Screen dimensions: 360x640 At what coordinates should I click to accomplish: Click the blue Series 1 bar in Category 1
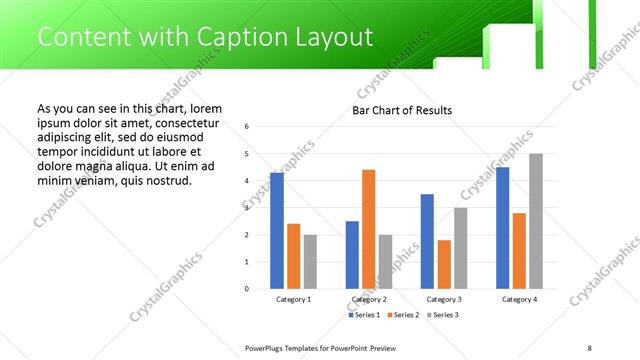277,231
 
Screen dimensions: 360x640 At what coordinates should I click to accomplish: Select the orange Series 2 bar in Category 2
368,229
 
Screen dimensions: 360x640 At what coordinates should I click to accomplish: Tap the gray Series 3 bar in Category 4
536,221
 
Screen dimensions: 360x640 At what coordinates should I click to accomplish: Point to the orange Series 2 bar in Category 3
444,264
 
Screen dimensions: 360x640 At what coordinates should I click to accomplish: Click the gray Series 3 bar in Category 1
310,261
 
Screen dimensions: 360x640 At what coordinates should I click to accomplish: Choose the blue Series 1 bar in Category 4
503,228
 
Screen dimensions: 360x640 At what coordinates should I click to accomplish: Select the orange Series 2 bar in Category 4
519,250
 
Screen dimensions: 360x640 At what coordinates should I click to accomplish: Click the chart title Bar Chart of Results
402,110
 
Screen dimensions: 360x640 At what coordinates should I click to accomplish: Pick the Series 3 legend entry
443,315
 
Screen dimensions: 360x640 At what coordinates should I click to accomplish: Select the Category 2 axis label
369,299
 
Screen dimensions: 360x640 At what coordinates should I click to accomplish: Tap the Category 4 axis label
519,299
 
